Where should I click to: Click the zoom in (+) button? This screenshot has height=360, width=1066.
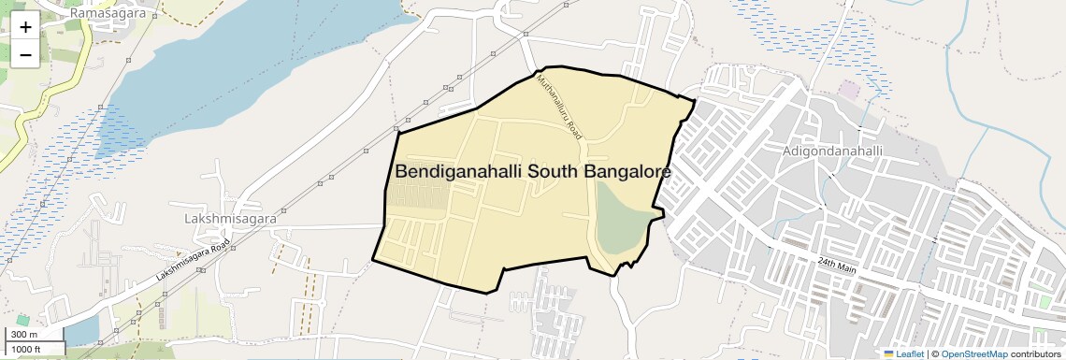[x=25, y=27]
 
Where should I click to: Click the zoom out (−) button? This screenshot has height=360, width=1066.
[x=25, y=54]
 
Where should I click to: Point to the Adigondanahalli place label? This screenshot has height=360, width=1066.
[x=830, y=150]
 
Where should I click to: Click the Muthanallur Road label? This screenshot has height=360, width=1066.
[x=559, y=108]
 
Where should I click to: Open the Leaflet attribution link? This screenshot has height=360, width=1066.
[x=902, y=353]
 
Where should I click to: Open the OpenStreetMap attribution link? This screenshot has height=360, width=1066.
[x=973, y=353]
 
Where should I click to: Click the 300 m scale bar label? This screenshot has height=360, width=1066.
[x=23, y=334]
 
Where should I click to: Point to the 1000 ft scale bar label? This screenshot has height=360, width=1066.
[x=26, y=349]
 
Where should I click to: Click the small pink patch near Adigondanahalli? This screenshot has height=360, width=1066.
[x=848, y=90]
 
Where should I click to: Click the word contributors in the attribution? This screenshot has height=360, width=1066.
[x=1035, y=353]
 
